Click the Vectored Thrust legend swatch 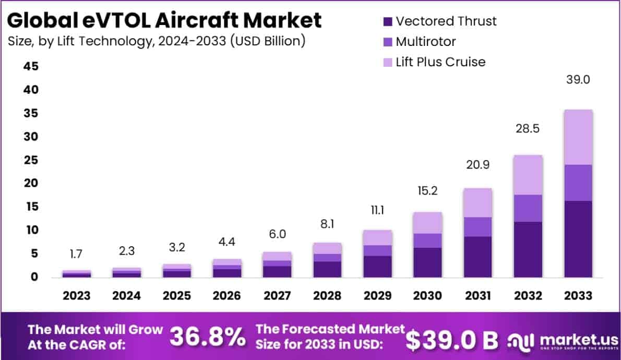click(388, 22)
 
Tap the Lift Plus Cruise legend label click(440, 62)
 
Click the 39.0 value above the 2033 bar click(578, 80)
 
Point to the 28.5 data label click(527, 128)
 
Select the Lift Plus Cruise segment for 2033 click(578, 137)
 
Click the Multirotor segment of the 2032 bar click(528, 208)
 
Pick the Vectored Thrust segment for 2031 click(477, 257)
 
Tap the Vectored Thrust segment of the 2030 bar click(427, 262)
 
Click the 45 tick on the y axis click(30, 66)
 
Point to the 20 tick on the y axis click(30, 183)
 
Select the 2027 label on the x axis click(277, 296)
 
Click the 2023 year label click(77, 296)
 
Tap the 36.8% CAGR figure click(208, 338)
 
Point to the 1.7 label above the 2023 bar click(77, 254)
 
